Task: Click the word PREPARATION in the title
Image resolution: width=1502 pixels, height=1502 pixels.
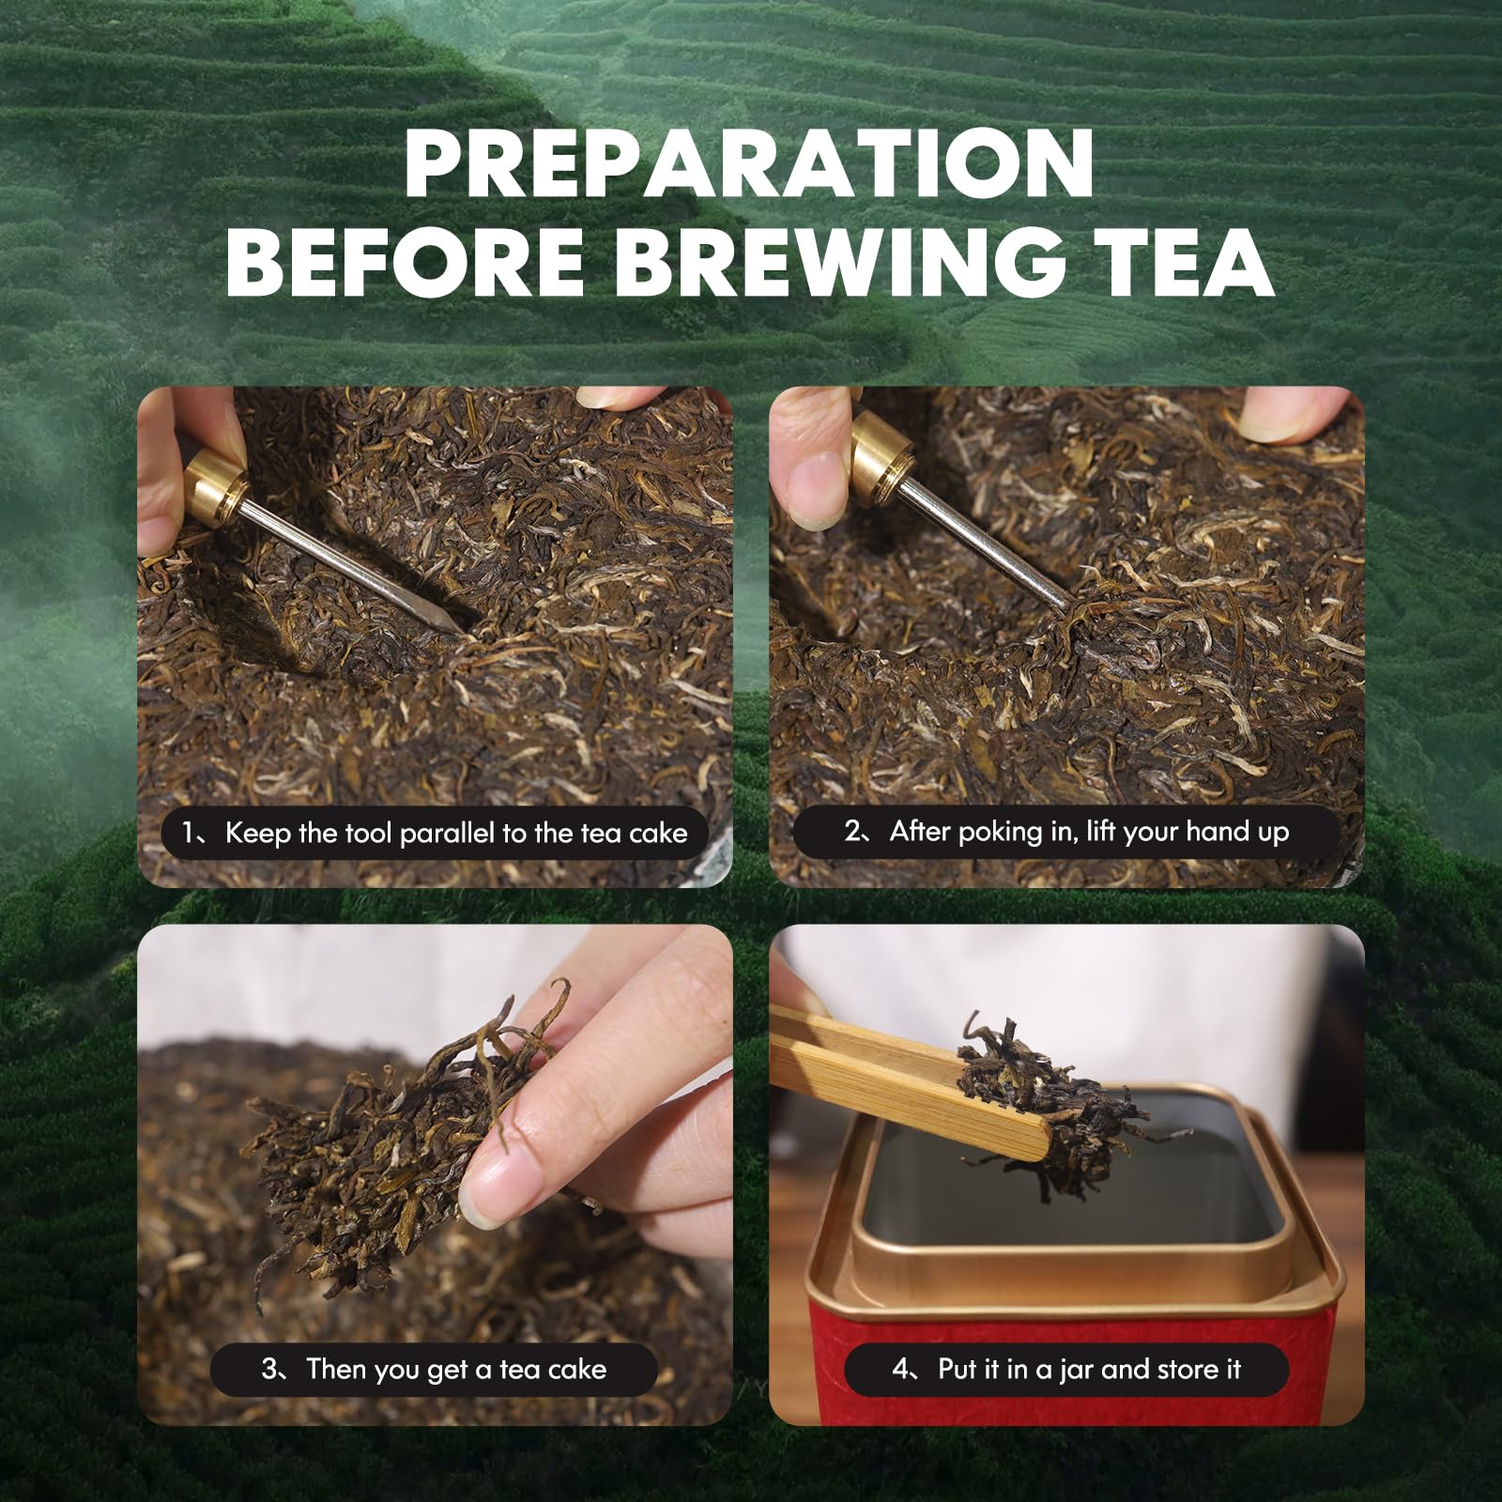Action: pos(749,164)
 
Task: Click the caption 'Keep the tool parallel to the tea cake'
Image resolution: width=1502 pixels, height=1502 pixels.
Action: pos(434,833)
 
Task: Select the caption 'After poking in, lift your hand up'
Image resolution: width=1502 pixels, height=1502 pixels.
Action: pos(1066,832)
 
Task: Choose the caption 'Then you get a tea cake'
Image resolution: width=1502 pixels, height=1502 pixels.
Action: pos(434,1370)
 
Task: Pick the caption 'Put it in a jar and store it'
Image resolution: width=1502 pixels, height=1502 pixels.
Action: pos(1066,1370)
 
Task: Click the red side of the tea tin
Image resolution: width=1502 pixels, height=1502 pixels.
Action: pos(1070,1314)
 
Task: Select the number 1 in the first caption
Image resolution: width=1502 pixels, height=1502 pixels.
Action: pos(189,833)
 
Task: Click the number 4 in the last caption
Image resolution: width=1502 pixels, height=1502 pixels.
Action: pos(901,1370)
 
